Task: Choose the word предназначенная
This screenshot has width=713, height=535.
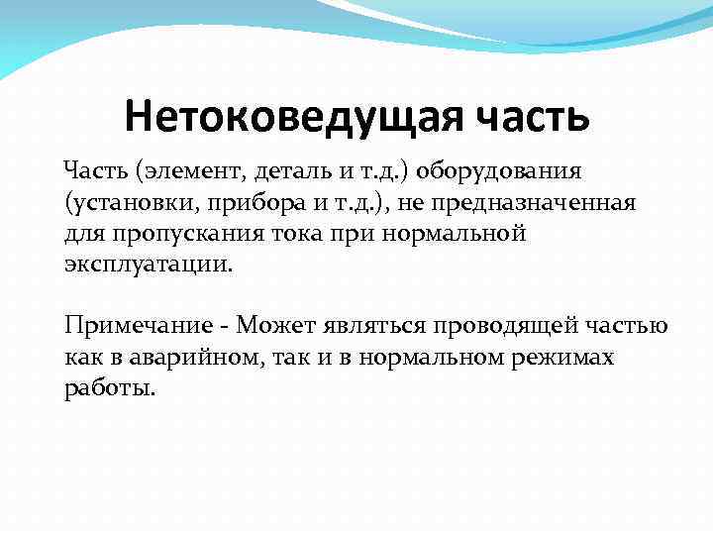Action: tap(536, 203)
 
